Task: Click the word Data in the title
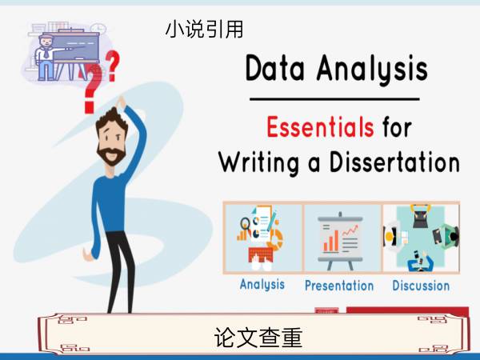point(275,68)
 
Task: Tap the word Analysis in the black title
point(372,70)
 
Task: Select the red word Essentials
point(320,126)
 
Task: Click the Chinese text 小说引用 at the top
point(204,30)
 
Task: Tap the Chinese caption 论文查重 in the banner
point(258,338)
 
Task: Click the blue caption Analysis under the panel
point(262,285)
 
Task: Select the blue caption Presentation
point(339,286)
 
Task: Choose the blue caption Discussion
point(421,286)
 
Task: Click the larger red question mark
point(92,90)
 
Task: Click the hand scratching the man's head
point(122,102)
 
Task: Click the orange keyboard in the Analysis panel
point(261,255)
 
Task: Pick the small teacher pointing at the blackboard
point(46,58)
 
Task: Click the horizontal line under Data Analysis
point(334,99)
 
